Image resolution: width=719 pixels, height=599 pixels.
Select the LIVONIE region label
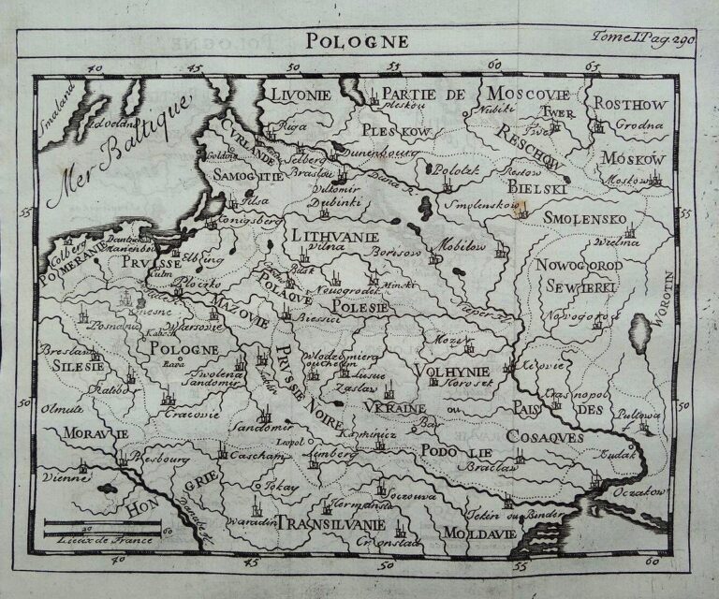(301, 95)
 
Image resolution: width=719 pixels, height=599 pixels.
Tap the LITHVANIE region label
(334, 236)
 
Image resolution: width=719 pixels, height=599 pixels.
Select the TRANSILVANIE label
(331, 521)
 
